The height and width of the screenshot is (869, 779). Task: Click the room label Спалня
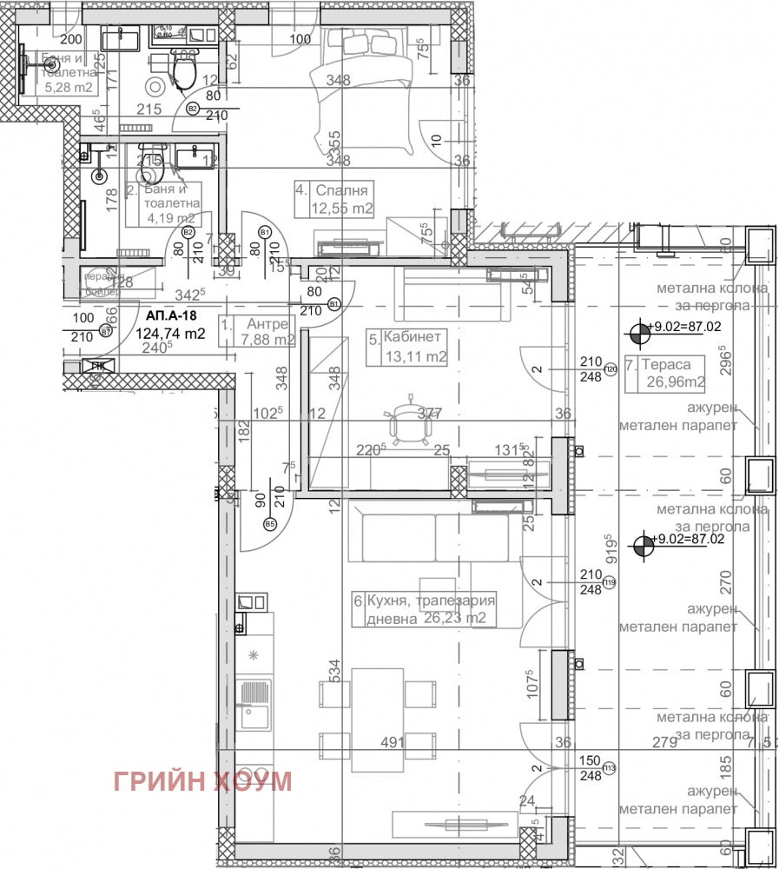(344, 190)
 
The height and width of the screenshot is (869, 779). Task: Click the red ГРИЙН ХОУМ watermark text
(202, 781)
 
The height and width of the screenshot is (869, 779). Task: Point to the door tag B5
(269, 524)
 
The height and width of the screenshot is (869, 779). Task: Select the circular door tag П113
(610, 767)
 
